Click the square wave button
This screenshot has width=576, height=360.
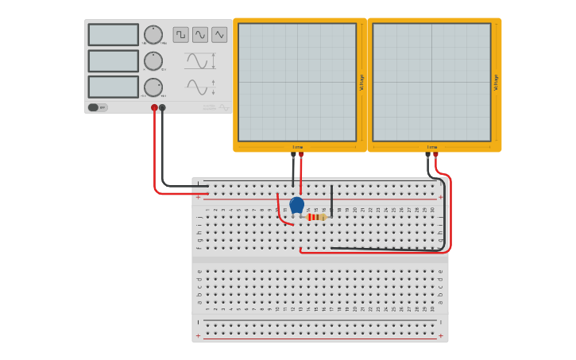[x=181, y=35]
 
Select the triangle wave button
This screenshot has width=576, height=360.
[x=219, y=35]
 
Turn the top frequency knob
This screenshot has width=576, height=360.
[x=153, y=35]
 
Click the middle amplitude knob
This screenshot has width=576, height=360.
[x=153, y=61]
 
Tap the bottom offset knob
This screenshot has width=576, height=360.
[x=153, y=87]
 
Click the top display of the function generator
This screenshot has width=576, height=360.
[x=113, y=35]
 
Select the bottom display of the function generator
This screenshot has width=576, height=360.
[x=113, y=87]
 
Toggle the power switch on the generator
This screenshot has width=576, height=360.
[x=94, y=107]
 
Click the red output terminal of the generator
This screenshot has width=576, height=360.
[x=154, y=107]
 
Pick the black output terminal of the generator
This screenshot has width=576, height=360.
[x=162, y=107]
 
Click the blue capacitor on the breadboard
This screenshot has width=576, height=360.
[x=296, y=205]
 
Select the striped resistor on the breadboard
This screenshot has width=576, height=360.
[x=315, y=217]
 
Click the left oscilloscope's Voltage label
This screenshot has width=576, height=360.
[x=362, y=82]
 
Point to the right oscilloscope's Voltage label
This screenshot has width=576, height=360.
[x=497, y=82]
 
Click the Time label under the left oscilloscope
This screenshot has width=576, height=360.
[x=297, y=147]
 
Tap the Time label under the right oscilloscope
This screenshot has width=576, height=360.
[x=431, y=147]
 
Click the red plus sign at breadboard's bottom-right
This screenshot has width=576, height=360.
[x=441, y=336]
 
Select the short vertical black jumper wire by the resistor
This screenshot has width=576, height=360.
[x=331, y=200]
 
